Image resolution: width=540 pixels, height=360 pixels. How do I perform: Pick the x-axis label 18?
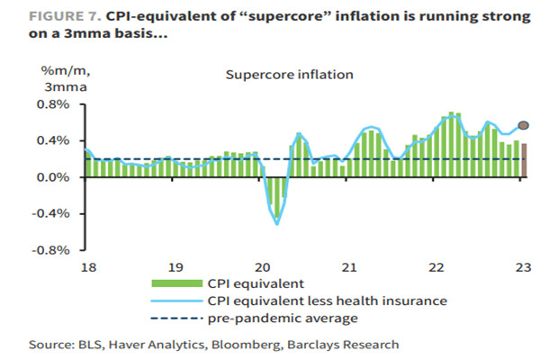point(87,267)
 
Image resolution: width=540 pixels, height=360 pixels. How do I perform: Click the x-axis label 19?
point(175,267)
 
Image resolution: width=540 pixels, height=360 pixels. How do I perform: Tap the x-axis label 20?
point(262,267)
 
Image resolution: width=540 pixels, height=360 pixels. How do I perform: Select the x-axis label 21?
point(348,267)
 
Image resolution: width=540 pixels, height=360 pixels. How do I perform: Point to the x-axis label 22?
point(436,267)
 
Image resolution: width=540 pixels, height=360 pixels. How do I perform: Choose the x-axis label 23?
point(522,267)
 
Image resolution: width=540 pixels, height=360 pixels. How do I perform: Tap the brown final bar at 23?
point(524,161)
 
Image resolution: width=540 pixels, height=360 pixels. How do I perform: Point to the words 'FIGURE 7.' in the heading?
point(40,14)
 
